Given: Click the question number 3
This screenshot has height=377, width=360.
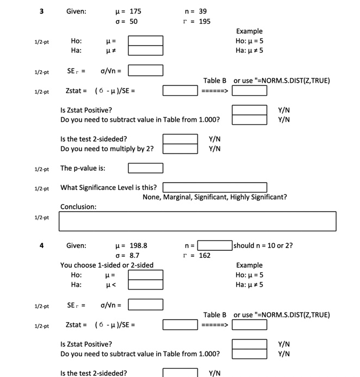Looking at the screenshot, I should click(41, 11).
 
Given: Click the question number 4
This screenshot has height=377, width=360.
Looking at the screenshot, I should click(41, 245).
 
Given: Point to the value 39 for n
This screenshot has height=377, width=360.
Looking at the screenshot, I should click(203, 11).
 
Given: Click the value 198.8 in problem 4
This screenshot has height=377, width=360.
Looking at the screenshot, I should click(138, 245).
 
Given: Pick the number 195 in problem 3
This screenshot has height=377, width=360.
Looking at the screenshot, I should click(204, 21).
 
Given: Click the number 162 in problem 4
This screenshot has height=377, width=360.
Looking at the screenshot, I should click(204, 255).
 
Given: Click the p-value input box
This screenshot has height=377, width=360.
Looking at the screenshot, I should click(145, 168).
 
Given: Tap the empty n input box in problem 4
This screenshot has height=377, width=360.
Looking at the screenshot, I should click(215, 245).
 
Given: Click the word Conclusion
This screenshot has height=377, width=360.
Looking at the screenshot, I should click(78, 207).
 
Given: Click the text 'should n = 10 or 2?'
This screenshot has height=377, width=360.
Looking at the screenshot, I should click(263, 245).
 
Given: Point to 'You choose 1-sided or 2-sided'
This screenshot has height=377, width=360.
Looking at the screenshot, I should click(107, 265).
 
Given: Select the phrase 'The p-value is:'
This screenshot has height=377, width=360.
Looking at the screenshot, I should click(83, 168).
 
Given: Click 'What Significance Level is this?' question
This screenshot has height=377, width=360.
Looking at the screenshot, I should click(108, 188).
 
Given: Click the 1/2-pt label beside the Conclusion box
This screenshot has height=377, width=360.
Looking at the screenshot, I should click(41, 218).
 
